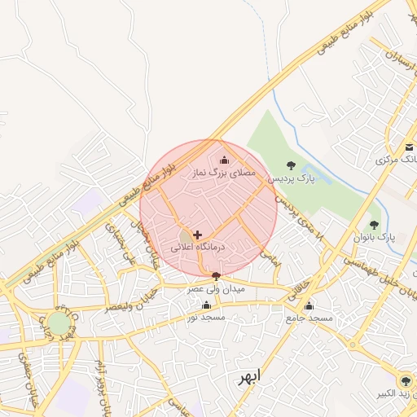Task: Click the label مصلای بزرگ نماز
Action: [223, 173]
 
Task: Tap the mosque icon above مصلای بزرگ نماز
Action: [225, 160]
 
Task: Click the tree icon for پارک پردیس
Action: [292, 165]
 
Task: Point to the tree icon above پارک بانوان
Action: [374, 225]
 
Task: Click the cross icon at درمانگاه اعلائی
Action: [197, 235]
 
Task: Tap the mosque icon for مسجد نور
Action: [207, 305]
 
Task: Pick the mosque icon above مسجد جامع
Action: [309, 306]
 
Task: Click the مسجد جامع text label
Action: [309, 318]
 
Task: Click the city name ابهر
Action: [248, 379]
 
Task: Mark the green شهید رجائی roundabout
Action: [59, 323]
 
